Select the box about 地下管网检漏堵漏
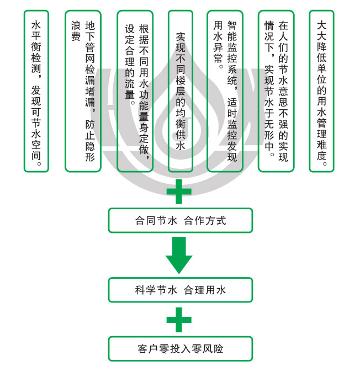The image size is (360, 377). click(x=83, y=91)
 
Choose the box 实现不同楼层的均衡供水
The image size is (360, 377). click(x=180, y=91)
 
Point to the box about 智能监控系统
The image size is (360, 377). click(x=225, y=91)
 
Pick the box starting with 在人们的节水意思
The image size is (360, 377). click(x=276, y=91)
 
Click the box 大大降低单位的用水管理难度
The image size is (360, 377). click(x=321, y=91)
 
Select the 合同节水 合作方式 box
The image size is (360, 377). click(x=180, y=220)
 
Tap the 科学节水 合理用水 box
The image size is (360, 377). click(x=180, y=290)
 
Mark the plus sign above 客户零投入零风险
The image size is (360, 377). click(x=180, y=320)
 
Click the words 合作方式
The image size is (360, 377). click(x=205, y=221)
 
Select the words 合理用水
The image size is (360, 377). click(x=205, y=290)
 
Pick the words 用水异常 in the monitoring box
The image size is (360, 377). click(x=218, y=44)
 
